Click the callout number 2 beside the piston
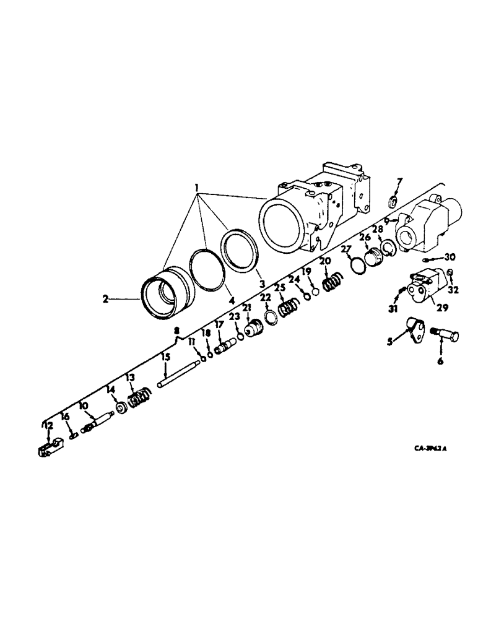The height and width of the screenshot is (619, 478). (106, 298)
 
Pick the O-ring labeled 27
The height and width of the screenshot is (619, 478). (358, 265)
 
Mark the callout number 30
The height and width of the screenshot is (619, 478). (450, 258)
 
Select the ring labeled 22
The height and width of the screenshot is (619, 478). (271, 317)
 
